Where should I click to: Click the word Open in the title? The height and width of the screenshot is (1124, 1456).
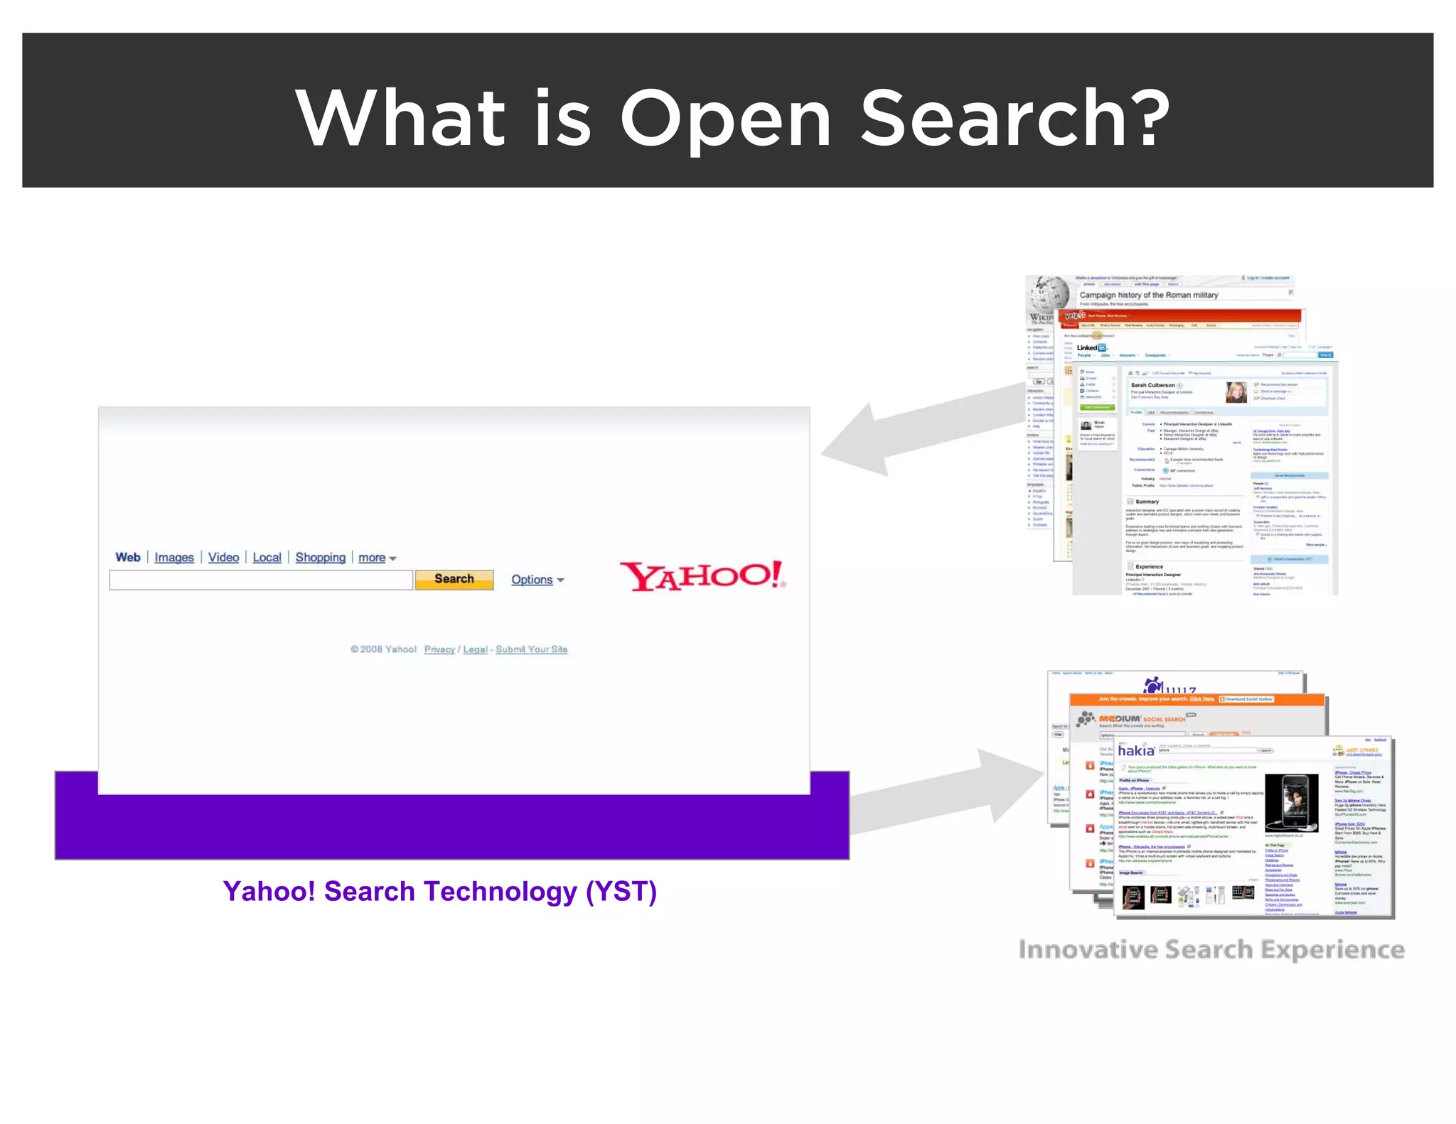click(726, 119)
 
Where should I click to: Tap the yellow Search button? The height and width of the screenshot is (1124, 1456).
click(454, 579)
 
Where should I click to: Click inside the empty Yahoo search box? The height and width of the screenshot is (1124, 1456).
click(261, 580)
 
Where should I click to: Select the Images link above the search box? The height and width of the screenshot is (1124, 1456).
click(174, 558)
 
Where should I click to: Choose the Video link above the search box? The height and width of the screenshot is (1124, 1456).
click(223, 558)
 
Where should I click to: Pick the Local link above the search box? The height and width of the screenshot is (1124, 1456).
click(267, 558)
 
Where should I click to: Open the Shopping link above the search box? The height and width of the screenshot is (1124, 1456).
click(320, 558)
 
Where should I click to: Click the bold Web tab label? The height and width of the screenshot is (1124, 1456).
click(128, 558)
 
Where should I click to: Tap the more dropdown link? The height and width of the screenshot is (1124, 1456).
click(376, 558)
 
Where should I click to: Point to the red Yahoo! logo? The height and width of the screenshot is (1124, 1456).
click(702, 576)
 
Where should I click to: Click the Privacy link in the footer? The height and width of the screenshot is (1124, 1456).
click(439, 649)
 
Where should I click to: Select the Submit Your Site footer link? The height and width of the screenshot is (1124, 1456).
click(531, 649)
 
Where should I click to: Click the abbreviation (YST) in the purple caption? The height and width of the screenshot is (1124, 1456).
click(621, 891)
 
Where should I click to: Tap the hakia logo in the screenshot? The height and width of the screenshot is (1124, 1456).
click(1135, 751)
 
